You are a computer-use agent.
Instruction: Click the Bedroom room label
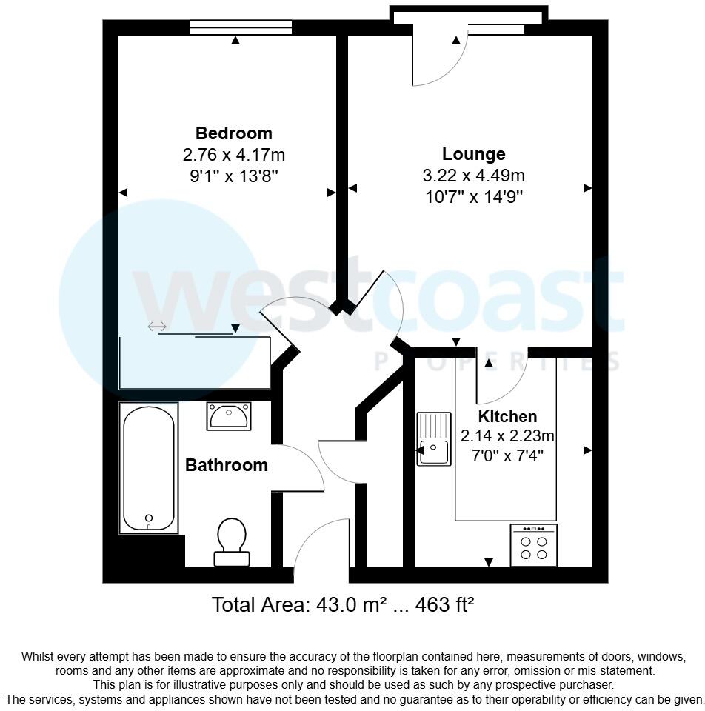click(x=233, y=133)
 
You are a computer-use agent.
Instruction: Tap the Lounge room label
click(x=474, y=154)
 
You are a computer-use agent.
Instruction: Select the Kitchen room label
click(x=507, y=416)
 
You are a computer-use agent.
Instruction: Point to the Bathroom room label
click(x=226, y=465)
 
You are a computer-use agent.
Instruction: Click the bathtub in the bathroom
click(x=149, y=467)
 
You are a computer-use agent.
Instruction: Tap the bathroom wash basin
click(x=230, y=416)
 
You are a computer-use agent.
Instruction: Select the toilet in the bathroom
click(x=232, y=541)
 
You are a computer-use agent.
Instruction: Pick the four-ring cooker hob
click(x=533, y=546)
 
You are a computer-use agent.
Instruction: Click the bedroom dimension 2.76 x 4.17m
click(x=233, y=155)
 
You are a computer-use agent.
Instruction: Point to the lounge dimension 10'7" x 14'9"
click(x=474, y=197)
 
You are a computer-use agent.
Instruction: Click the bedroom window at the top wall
click(x=240, y=27)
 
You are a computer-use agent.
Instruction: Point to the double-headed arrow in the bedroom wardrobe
click(x=157, y=327)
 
